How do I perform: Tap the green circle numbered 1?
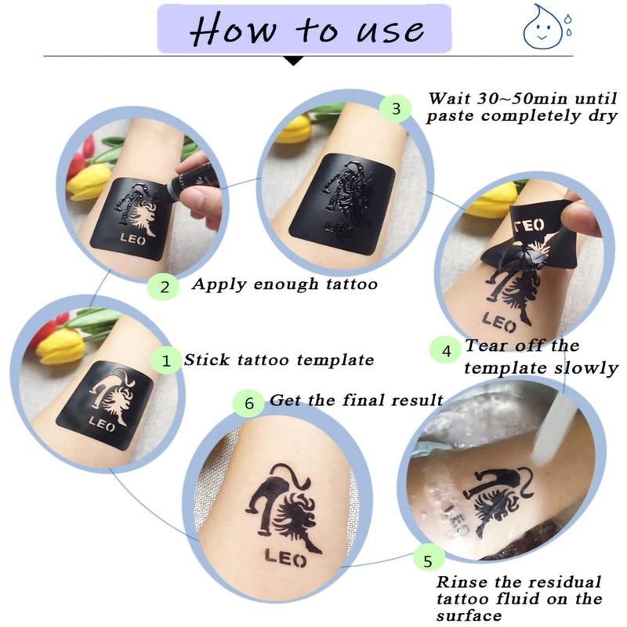pyautogui.click(x=166, y=361)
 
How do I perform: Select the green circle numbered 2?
pyautogui.click(x=164, y=286)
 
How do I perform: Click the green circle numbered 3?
pyautogui.click(x=396, y=108)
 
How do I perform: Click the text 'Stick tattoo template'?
pyautogui.click(x=278, y=361)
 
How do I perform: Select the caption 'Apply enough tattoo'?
pyautogui.click(x=285, y=285)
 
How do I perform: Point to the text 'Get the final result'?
pyautogui.click(x=356, y=400)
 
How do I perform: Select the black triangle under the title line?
pyautogui.click(x=293, y=60)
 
